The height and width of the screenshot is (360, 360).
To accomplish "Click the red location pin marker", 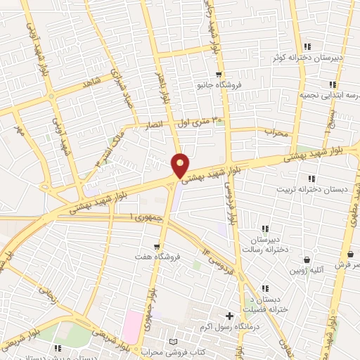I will click(180, 165).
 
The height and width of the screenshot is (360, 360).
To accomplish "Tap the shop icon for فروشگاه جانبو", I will click(219, 74).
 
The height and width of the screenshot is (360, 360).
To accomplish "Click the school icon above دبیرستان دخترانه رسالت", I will click(265, 229).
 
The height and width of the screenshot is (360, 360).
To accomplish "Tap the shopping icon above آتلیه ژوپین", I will click(307, 259).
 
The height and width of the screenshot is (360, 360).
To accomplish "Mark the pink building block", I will click(131, 327).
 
